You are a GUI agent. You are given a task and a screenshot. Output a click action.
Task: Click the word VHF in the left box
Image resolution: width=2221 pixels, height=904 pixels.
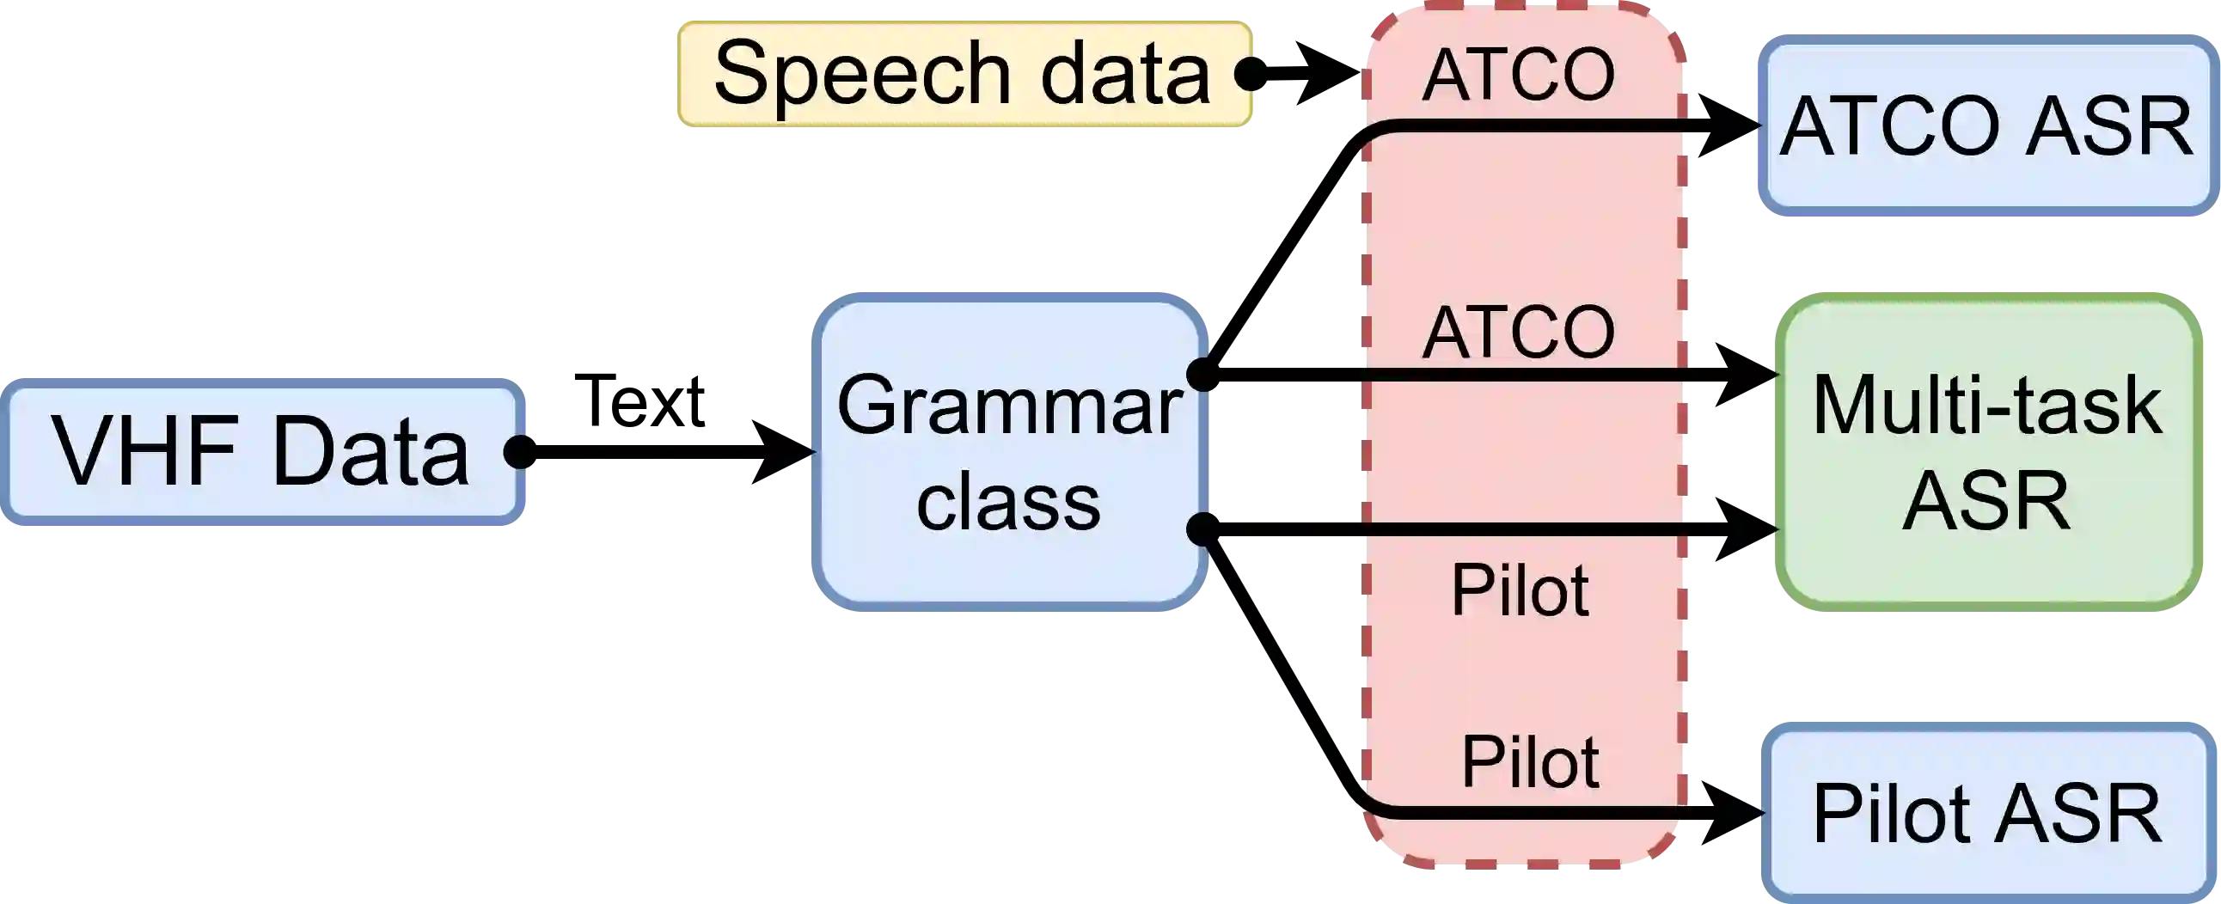(x=146, y=451)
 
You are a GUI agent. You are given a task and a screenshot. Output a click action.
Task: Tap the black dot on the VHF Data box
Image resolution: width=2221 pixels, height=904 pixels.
(x=517, y=451)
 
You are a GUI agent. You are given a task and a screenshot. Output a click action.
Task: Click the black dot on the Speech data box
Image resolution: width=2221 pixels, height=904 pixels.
(x=1246, y=74)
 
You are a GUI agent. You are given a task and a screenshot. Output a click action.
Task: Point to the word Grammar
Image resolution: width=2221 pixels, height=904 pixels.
(x=1009, y=405)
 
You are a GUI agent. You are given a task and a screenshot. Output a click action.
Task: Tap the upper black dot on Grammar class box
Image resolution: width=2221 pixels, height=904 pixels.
(x=1199, y=374)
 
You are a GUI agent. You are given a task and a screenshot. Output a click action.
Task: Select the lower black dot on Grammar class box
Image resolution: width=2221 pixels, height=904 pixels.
(x=1199, y=529)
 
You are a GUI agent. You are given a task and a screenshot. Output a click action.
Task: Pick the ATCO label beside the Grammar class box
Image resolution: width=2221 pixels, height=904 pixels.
(x=1518, y=333)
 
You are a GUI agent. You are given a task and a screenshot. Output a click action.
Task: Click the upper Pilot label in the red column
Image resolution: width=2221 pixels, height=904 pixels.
(x=1520, y=591)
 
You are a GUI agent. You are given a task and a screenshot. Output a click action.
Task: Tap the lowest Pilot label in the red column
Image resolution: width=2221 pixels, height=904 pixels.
(x=1531, y=762)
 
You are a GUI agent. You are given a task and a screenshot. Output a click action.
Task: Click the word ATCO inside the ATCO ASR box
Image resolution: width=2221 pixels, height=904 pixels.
(x=1888, y=127)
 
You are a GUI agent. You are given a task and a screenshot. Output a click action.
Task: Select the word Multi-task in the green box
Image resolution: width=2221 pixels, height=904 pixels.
(x=1987, y=405)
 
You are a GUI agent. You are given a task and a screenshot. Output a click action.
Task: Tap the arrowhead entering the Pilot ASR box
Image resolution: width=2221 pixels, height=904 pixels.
(x=1762, y=814)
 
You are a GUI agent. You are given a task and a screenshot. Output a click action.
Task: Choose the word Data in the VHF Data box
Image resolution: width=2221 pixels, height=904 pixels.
(x=370, y=451)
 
